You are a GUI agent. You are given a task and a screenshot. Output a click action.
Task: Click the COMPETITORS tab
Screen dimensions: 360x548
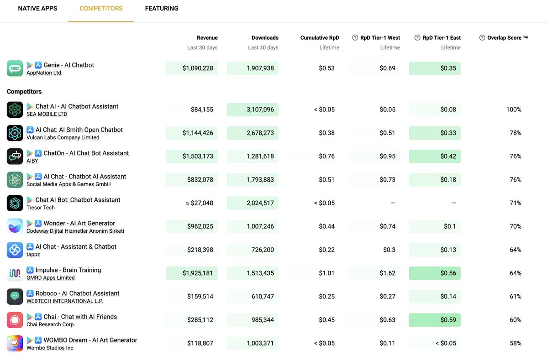tap(101, 9)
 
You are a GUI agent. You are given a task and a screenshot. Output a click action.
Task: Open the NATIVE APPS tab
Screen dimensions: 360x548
tap(37, 9)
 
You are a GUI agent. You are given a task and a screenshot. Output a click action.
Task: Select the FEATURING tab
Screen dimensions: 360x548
tap(162, 9)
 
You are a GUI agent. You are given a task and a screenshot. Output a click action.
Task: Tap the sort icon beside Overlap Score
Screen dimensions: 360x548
tap(525, 38)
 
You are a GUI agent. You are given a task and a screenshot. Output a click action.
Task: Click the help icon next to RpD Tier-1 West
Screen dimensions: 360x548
tap(355, 38)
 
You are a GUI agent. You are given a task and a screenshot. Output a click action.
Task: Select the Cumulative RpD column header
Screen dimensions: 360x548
tap(320, 38)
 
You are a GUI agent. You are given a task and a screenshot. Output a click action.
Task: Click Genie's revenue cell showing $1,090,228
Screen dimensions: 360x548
tap(192, 68)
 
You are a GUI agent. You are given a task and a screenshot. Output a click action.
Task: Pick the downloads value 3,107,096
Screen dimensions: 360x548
tap(253, 110)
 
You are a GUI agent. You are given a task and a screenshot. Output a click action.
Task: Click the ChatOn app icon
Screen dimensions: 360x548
tap(15, 157)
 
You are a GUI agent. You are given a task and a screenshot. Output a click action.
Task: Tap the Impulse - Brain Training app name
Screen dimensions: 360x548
tap(68, 270)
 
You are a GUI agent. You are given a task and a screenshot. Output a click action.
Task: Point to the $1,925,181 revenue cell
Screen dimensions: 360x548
tap(192, 273)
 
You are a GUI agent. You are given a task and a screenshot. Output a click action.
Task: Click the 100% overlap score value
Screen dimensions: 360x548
tap(513, 110)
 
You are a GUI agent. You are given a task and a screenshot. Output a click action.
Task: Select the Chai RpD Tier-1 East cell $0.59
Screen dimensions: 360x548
tap(435, 320)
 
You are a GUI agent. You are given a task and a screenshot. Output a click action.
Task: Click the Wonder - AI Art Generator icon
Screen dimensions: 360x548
tap(15, 227)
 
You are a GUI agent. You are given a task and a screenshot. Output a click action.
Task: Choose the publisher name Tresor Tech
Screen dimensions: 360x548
tap(40, 208)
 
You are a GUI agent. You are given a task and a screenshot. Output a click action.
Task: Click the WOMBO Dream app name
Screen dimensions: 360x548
tap(90, 340)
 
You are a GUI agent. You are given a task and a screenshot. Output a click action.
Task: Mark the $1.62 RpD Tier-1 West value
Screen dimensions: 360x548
tap(387, 273)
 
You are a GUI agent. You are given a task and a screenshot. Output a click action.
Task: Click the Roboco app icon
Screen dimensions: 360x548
tap(15, 297)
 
